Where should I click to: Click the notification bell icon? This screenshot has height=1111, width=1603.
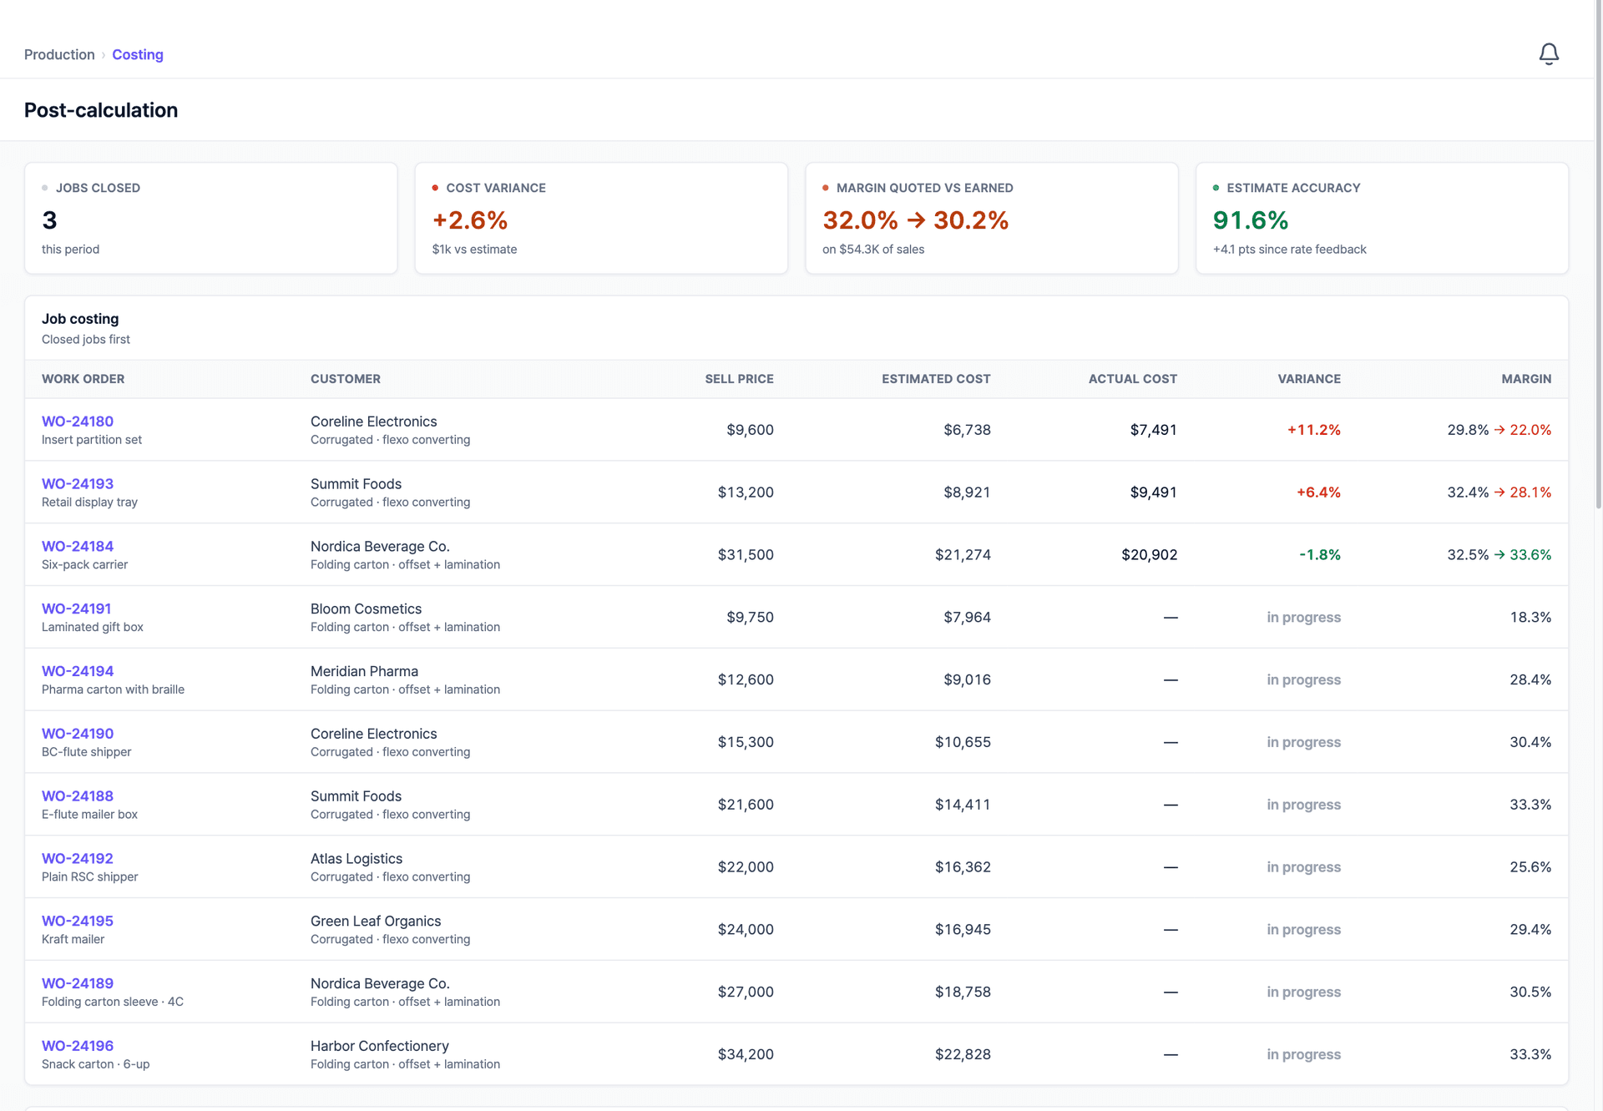[x=1549, y=54]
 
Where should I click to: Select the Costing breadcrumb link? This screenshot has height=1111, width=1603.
[x=138, y=54]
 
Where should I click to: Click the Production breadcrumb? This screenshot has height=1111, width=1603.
[x=59, y=54]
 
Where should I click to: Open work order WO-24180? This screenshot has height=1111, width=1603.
[x=78, y=422]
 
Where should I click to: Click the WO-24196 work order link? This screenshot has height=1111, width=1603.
[x=78, y=1046]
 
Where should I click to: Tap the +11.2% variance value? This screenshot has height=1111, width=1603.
[x=1314, y=430]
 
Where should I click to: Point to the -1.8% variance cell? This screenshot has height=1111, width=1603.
[x=1320, y=555]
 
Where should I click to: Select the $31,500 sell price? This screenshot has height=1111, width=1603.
[x=746, y=555]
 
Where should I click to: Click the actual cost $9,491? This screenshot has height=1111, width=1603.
[x=1154, y=492]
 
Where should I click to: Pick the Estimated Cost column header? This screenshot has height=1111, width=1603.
[x=936, y=379]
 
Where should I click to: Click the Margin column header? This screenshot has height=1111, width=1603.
[x=1526, y=379]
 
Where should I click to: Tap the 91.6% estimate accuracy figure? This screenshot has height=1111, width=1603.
[x=1251, y=220]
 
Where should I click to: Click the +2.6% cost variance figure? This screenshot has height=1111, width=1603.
[x=470, y=220]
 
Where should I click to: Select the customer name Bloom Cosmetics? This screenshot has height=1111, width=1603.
[x=366, y=609]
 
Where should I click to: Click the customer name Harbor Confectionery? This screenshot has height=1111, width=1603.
[x=380, y=1046]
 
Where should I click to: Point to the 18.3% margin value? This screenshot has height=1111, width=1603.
[x=1530, y=618]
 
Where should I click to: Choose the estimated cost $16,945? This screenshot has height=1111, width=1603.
[x=963, y=930]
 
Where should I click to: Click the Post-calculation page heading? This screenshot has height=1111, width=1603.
[x=101, y=110]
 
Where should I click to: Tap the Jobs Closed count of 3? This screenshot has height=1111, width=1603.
[x=49, y=220]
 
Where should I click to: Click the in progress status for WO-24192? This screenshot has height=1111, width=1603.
[x=1303, y=867]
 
